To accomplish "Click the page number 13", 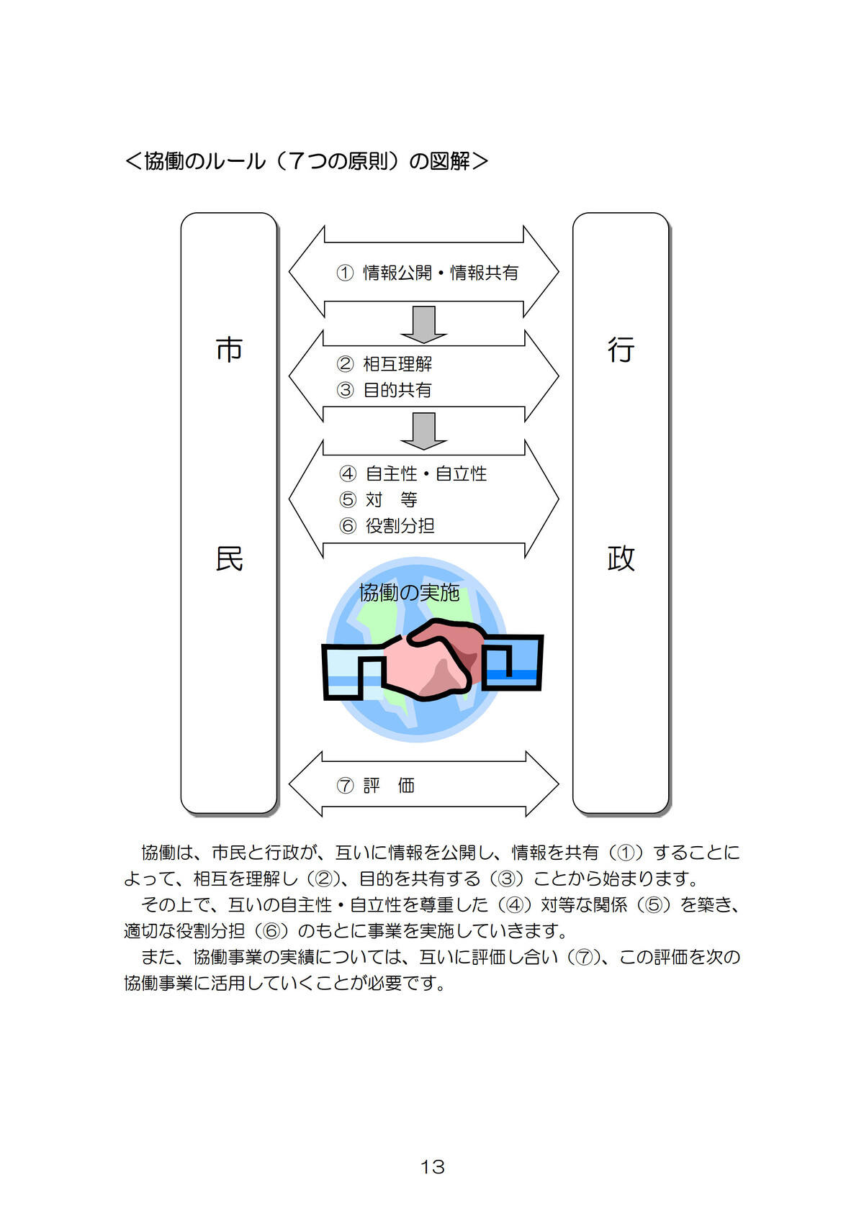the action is click(432, 1166).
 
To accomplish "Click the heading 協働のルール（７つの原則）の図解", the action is click(307, 161).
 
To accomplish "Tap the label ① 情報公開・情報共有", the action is click(427, 273).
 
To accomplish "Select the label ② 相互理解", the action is click(384, 364).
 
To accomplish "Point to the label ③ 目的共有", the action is click(384, 390).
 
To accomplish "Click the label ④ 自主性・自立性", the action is click(413, 473).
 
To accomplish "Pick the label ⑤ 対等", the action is click(379, 499).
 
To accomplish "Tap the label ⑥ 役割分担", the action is click(387, 526).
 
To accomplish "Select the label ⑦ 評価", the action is click(376, 785).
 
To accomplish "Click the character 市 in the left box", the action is click(229, 350).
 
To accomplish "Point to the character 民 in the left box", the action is click(229, 558).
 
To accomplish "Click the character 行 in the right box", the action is click(621, 350).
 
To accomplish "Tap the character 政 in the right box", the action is click(621, 558).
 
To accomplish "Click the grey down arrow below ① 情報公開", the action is click(423, 324).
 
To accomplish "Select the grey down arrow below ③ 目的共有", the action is click(423, 430).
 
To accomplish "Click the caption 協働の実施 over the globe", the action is click(409, 592).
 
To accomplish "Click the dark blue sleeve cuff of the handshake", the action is click(512, 662).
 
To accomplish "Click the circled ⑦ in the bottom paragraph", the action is click(582, 957).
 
